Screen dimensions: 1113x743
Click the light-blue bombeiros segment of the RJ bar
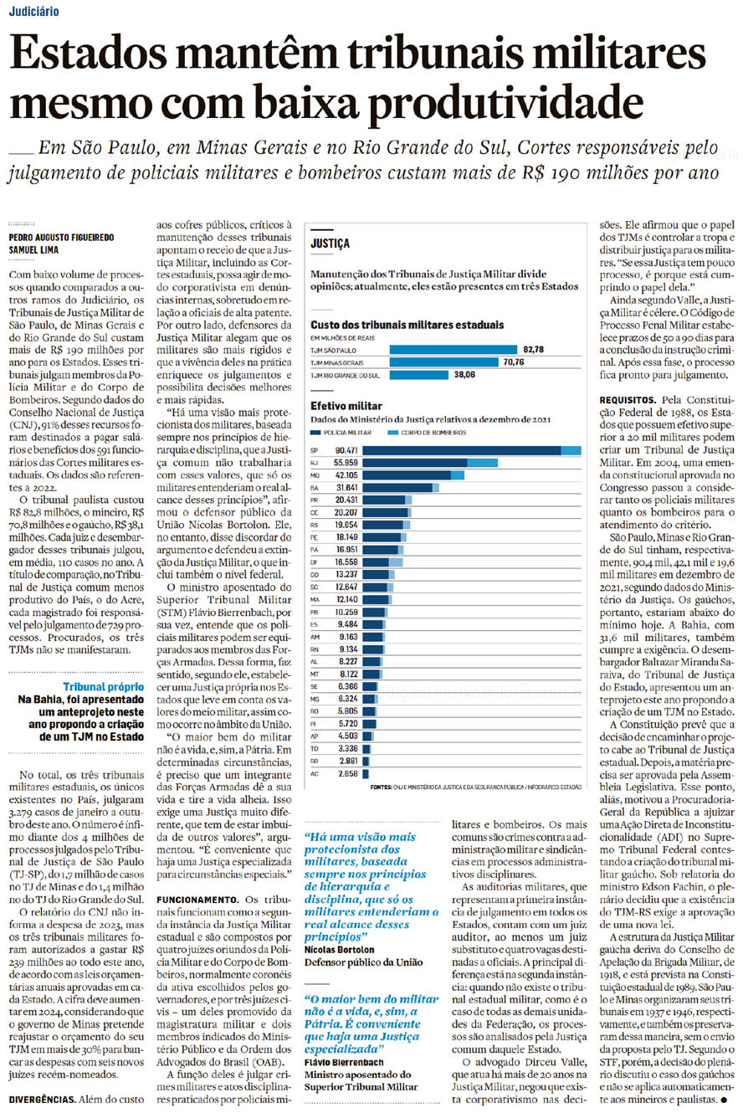pyautogui.click(x=483, y=463)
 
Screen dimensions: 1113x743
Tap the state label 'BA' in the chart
pyautogui.click(x=315, y=487)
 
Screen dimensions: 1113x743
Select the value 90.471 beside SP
pyautogui.click(x=346, y=450)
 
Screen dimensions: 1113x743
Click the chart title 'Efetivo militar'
pyautogui.click(x=346, y=406)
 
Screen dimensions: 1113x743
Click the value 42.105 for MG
pyautogui.click(x=346, y=474)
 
